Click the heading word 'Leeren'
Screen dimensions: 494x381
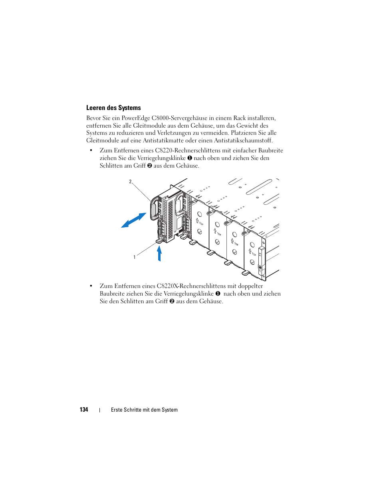(96, 108)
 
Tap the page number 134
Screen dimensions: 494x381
(84, 410)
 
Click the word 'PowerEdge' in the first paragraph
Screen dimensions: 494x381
(136, 118)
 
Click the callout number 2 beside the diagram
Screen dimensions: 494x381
(130, 182)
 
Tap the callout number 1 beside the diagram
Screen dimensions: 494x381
(135, 257)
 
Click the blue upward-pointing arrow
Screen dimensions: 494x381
(159, 254)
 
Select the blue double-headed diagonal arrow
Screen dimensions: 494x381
(133, 220)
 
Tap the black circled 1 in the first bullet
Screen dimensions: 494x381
(190, 158)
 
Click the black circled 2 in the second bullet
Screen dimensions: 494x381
(172, 301)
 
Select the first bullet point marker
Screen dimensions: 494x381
(91, 150)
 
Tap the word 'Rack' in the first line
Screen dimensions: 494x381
(240, 118)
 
